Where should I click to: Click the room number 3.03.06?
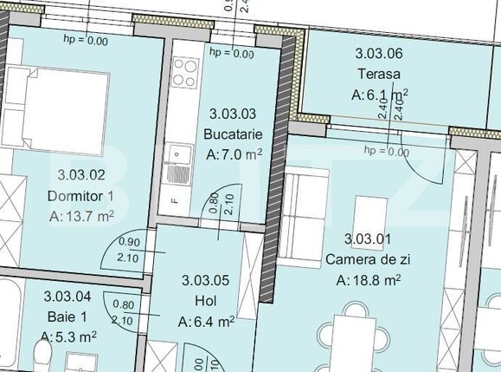coord(380,53)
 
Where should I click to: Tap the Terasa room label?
coord(380,73)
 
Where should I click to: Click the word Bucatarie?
coord(231,134)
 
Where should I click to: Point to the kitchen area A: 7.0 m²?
coord(234,155)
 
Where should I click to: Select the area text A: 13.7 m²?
coord(81,216)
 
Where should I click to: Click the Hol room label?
coord(206,301)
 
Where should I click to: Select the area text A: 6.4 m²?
coord(206,322)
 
